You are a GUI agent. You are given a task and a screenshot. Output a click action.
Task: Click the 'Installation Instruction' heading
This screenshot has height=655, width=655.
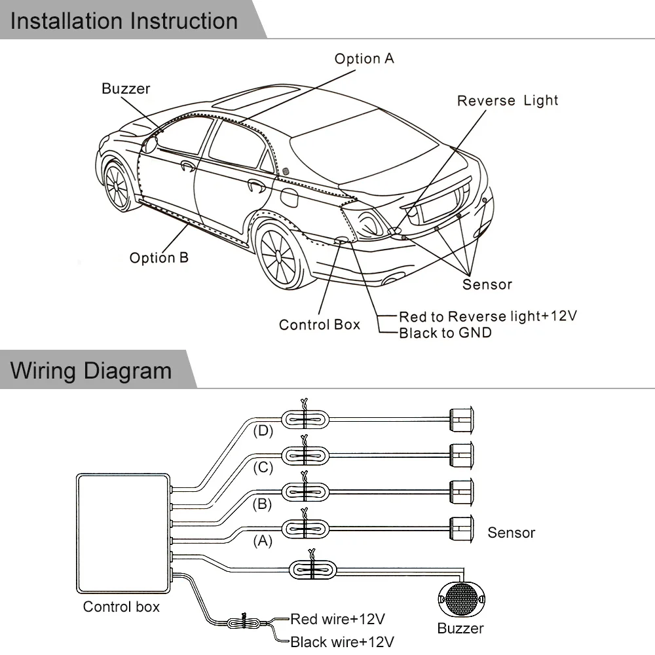[124, 20]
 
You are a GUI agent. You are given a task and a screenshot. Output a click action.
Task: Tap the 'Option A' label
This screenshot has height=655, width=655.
[364, 58]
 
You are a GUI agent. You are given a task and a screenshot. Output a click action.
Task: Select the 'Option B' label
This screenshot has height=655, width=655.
[159, 257]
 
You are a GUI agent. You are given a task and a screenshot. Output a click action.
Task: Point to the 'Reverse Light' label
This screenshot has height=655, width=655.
[507, 100]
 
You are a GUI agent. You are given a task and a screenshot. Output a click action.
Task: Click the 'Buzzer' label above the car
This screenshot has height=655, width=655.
[126, 88]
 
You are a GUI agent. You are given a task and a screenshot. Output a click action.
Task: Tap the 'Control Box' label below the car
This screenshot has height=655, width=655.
[319, 324]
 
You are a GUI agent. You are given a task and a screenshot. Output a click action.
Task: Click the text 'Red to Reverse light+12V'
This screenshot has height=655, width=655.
[487, 316]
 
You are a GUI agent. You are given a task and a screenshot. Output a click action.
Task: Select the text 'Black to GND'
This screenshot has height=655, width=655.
[445, 333]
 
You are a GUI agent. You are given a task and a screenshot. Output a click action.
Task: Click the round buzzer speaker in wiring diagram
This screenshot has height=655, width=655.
[461, 599]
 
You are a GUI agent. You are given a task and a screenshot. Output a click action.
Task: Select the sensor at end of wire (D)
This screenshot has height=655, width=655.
[462, 418]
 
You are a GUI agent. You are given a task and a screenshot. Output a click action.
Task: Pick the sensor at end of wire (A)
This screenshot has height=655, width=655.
[462, 527]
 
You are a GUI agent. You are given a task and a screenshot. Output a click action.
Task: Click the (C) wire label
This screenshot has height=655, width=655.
[263, 468]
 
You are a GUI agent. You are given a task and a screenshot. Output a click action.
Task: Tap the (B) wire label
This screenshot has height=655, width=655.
[263, 504]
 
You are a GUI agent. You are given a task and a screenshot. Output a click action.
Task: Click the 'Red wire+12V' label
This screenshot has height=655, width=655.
[337, 618]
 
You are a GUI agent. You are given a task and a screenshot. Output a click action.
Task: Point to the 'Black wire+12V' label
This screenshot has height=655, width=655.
[342, 641]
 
